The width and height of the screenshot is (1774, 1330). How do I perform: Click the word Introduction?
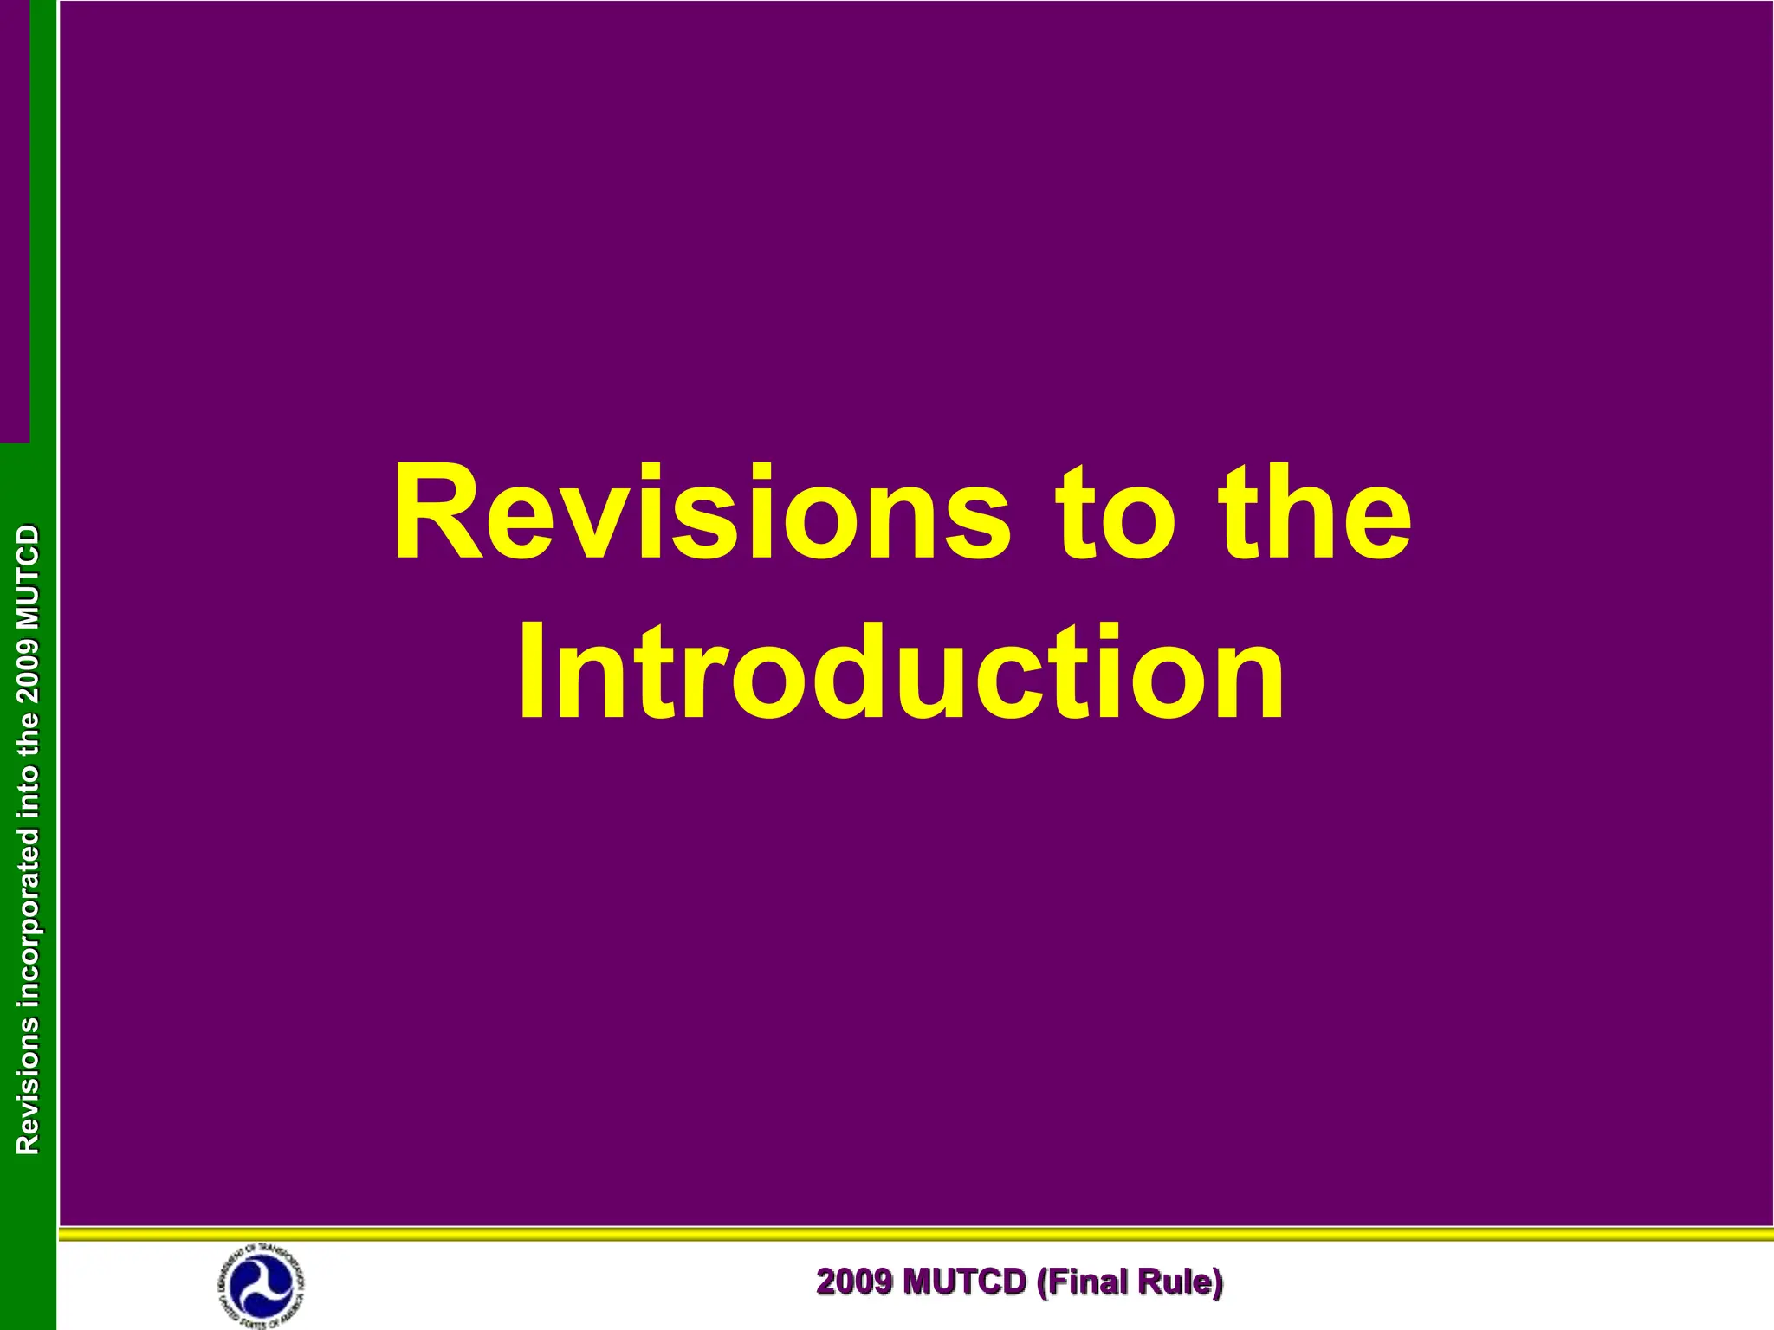pos(900,672)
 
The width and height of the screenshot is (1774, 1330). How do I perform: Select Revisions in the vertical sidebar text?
pos(28,1086)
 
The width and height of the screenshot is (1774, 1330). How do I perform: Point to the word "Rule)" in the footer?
pos(1187,1282)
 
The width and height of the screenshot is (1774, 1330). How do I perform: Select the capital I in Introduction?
pos(531,672)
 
